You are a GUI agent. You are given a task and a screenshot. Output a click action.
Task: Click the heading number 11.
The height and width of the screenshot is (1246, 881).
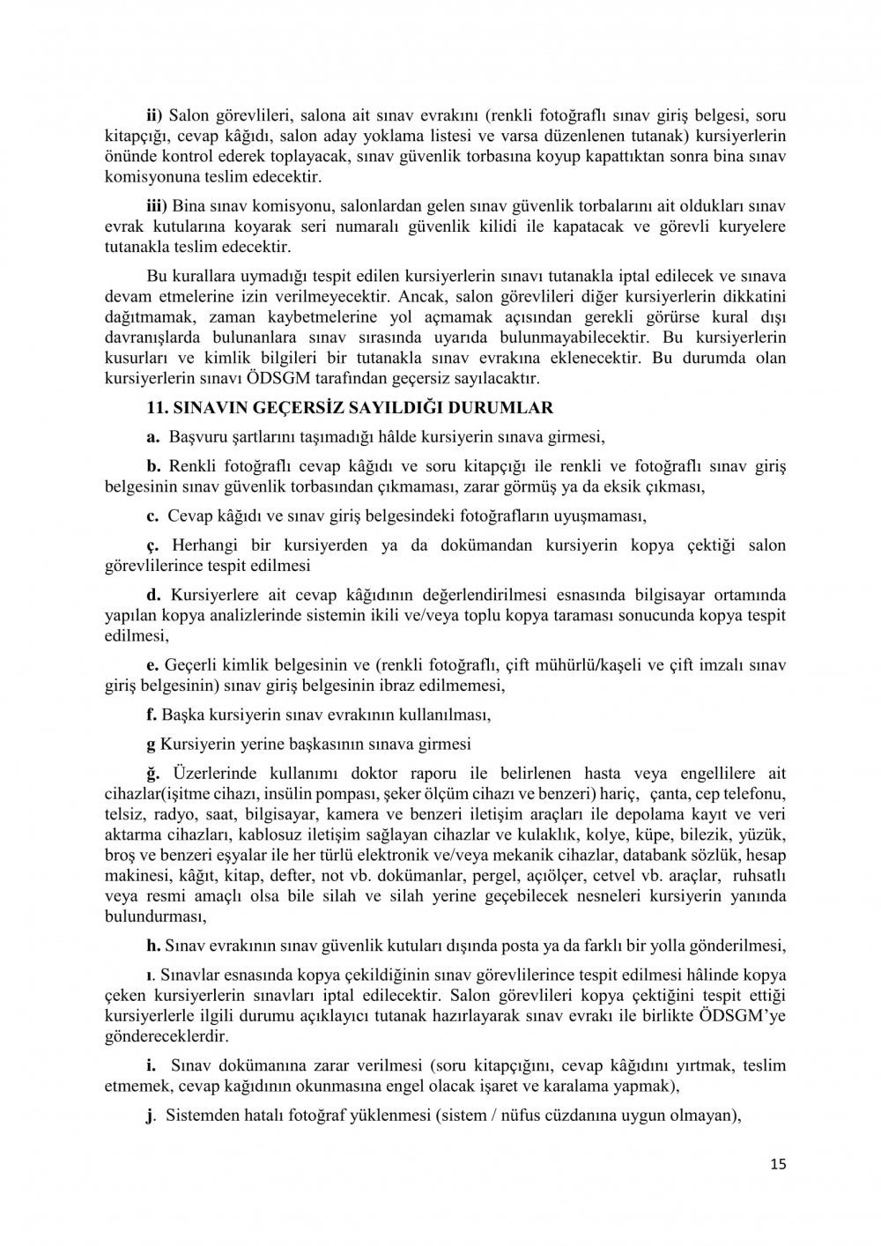coord(156,408)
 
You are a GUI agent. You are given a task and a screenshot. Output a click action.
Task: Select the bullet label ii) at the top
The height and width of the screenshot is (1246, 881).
coord(154,115)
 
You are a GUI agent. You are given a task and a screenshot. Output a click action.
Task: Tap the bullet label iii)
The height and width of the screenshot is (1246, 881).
coord(157,204)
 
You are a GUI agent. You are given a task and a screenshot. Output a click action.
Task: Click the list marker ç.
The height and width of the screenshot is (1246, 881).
coord(152,545)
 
